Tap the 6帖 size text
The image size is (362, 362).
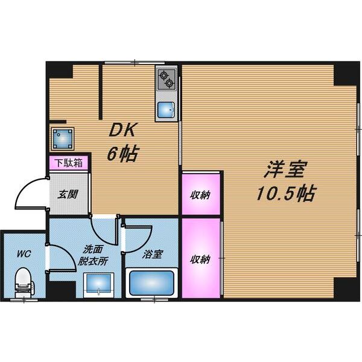click(x=123, y=154)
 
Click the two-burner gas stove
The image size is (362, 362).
click(x=166, y=79)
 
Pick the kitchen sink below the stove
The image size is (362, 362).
click(x=166, y=110)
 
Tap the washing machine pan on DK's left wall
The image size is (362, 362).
click(x=63, y=139)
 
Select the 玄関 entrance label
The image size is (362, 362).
click(x=66, y=194)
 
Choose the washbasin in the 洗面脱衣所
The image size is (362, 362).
click(x=98, y=284)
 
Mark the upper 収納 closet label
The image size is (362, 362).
click(x=202, y=194)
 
